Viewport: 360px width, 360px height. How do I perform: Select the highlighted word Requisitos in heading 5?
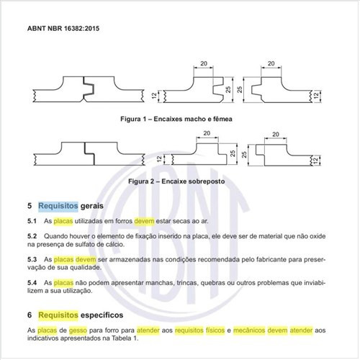click(x=61, y=205)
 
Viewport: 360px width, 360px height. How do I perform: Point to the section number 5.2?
click(x=32, y=236)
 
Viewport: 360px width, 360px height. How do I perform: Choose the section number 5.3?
click(x=32, y=258)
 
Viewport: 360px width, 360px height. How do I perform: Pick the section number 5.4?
click(x=32, y=283)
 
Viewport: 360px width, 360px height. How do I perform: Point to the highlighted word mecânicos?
click(x=258, y=329)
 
